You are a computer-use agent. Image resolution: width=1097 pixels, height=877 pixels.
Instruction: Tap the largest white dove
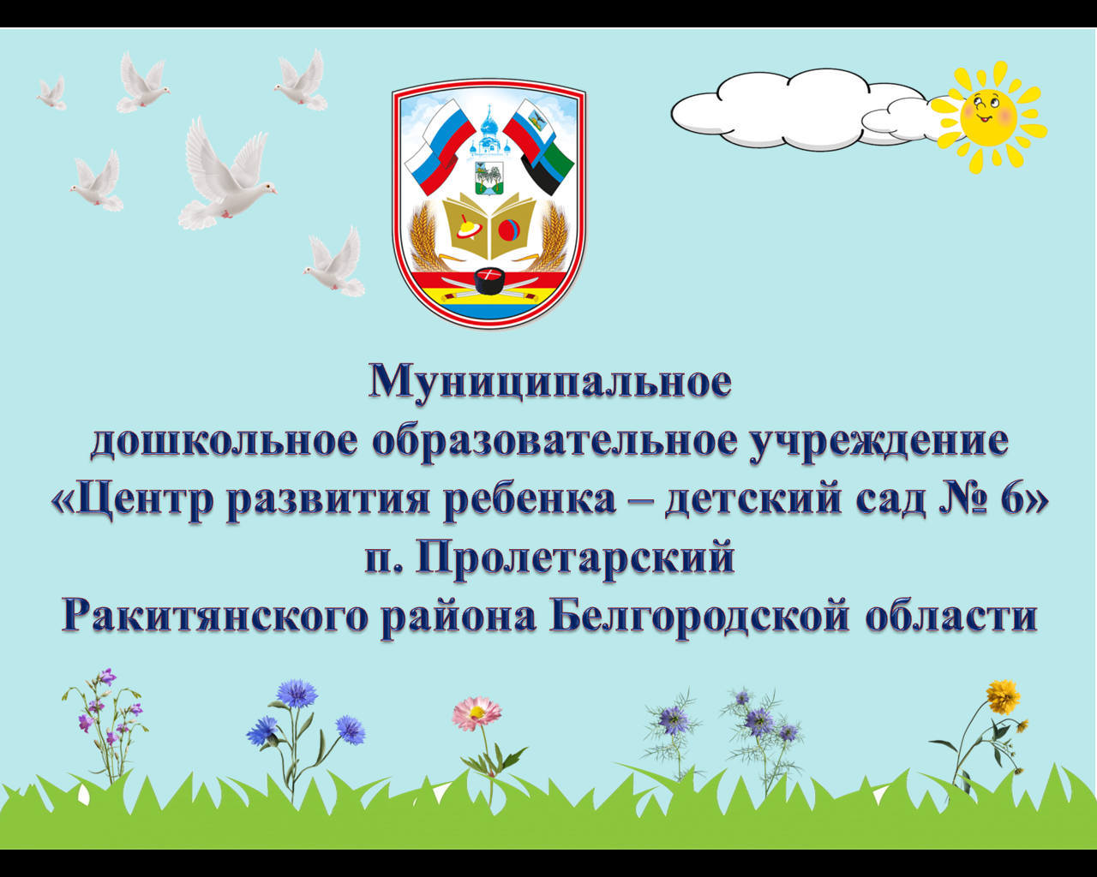(x=228, y=176)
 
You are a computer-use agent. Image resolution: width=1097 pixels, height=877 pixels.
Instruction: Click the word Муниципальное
(x=550, y=382)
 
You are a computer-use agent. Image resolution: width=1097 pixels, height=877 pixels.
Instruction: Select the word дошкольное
(x=225, y=441)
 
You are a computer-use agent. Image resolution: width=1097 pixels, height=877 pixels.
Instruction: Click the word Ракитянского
(x=214, y=617)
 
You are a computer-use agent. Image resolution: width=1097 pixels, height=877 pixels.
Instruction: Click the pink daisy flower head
(x=477, y=712)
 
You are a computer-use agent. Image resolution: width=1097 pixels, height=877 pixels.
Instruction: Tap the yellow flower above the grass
(x=1003, y=697)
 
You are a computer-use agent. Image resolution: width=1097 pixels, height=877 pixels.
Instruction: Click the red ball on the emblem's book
(x=509, y=230)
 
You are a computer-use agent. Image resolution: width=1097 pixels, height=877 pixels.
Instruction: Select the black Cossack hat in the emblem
(x=489, y=281)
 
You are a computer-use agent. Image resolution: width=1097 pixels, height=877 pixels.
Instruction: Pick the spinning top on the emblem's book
(x=467, y=228)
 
